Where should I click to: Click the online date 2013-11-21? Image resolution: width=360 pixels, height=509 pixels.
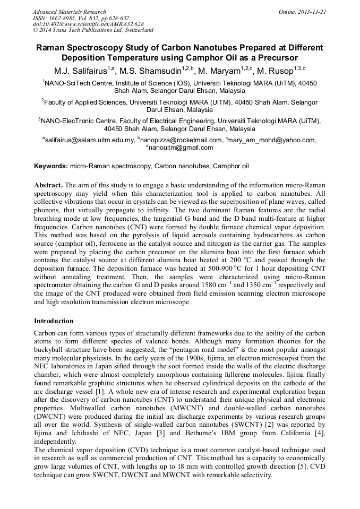(x=312, y=12)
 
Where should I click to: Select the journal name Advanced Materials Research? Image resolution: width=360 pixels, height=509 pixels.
(x=69, y=12)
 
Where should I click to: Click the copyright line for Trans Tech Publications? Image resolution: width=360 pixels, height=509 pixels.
(x=93, y=30)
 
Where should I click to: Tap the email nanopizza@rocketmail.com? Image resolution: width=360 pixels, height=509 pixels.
(x=181, y=140)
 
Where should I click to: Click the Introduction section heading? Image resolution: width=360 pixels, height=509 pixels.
(x=54, y=321)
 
